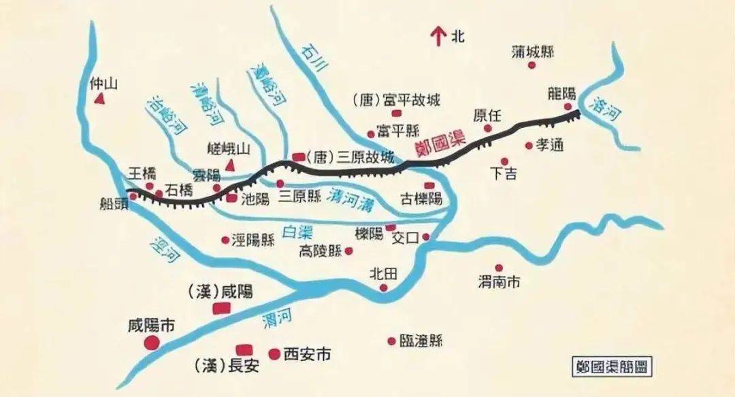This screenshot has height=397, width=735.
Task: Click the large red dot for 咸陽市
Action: click(x=151, y=343)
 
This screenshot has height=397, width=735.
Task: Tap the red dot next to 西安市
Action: click(x=274, y=353)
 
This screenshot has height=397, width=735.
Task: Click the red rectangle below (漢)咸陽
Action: click(x=221, y=309)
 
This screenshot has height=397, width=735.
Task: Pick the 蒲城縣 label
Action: click(x=533, y=51)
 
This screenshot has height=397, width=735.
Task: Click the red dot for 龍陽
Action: click(x=568, y=107)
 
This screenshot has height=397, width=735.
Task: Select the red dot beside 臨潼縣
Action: click(x=391, y=341)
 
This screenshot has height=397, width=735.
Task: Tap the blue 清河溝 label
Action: click(x=353, y=198)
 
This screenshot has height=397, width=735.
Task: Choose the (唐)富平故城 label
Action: click(x=397, y=101)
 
